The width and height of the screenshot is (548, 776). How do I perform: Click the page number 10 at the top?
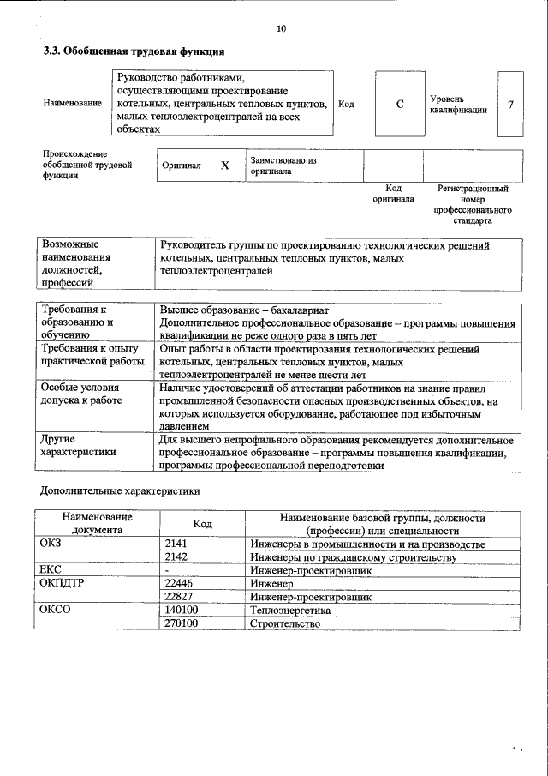pos(281,29)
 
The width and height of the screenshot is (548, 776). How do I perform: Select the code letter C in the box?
pos(400,105)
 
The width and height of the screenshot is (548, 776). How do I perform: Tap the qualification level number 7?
pos(510,105)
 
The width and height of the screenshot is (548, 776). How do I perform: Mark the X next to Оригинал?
pos(224,165)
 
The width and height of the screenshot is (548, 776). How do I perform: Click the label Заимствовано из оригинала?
pos(283,165)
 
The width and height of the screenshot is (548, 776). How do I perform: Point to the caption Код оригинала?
pos(393,193)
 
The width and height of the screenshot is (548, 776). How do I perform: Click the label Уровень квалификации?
pos(459,105)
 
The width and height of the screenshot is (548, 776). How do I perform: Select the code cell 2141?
pos(176,544)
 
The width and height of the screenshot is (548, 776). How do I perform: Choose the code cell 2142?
pos(176,556)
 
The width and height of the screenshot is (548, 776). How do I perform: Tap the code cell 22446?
pos(178,583)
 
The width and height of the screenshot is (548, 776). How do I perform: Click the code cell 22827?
pos(178,596)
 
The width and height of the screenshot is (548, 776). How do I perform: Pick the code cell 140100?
pos(181,610)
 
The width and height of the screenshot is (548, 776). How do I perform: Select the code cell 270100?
pos(181,623)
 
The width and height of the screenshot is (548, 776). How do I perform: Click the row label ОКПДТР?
pos(63,583)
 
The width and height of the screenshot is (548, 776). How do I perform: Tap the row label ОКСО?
pos(56,610)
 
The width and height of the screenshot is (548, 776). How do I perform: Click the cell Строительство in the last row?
pos(285,623)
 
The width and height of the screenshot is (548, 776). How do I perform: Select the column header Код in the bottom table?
pos(202,524)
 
